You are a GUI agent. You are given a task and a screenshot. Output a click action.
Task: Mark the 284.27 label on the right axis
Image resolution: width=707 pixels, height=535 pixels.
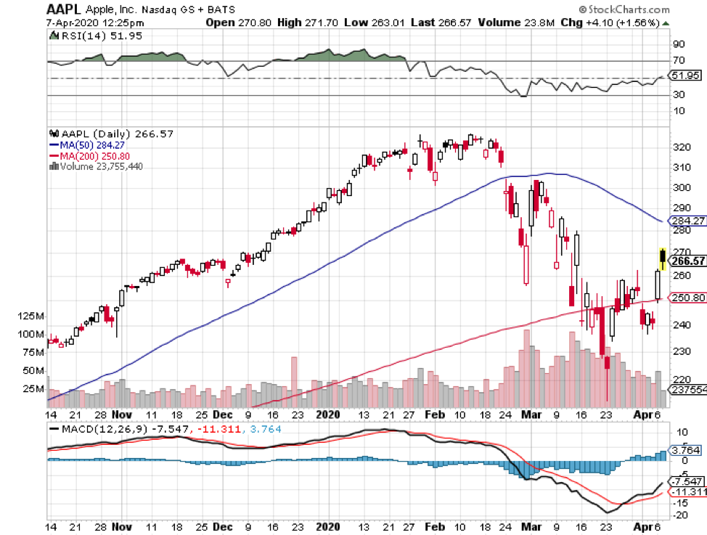point(690,221)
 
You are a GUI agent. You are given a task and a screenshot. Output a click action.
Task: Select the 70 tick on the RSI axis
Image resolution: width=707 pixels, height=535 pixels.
point(680,61)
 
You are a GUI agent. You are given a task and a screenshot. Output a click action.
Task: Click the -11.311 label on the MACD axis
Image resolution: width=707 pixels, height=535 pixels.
point(690,491)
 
